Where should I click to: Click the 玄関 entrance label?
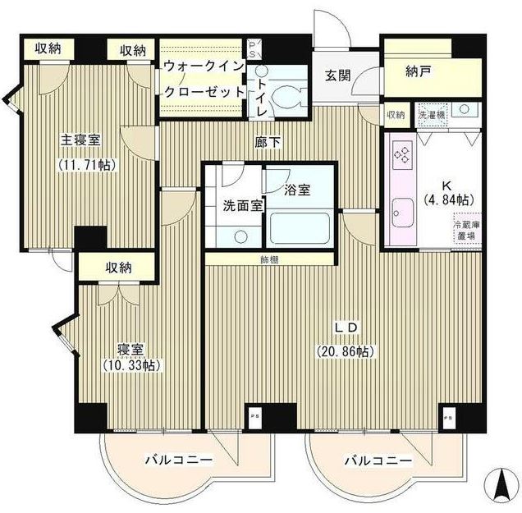[337, 76]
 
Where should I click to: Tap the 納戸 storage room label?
[419, 72]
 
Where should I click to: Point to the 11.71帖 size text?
[85, 163]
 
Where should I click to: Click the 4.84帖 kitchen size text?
[447, 199]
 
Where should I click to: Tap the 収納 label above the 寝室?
[119, 267]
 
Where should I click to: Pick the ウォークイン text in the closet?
[202, 65]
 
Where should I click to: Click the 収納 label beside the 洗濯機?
[396, 115]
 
